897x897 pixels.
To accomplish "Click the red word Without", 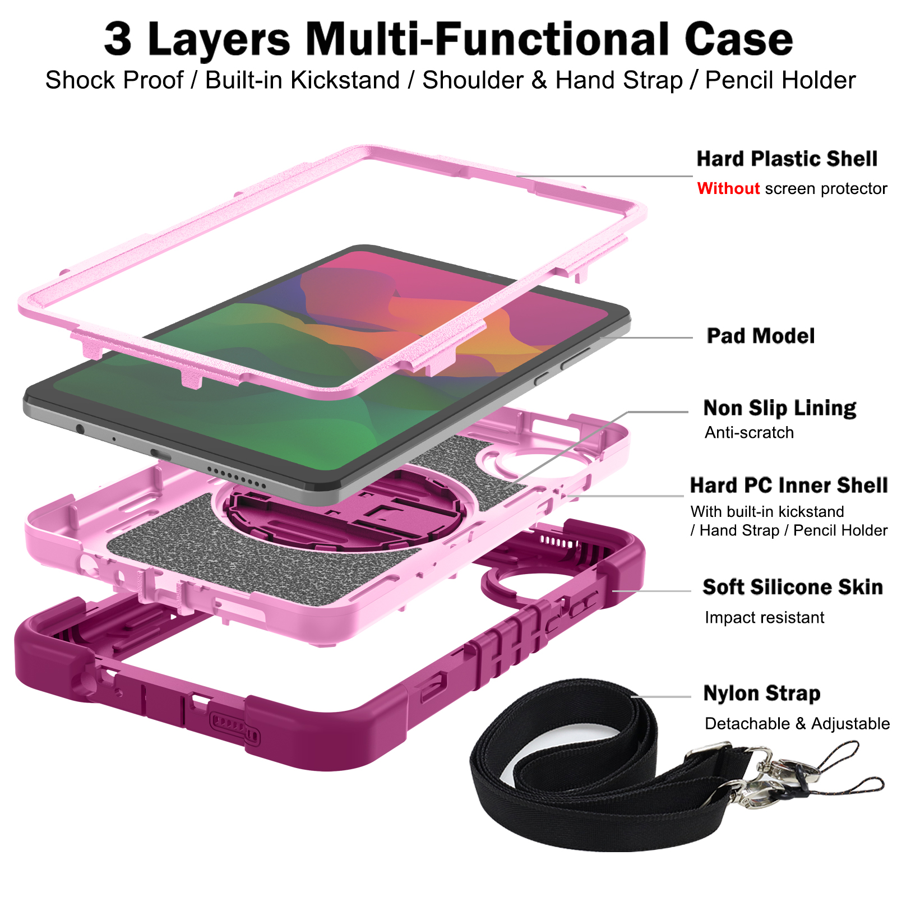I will click(728, 188).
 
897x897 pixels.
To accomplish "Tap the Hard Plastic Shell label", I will click(787, 159).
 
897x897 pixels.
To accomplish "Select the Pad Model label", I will click(760, 336).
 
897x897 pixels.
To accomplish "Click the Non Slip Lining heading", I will click(779, 408).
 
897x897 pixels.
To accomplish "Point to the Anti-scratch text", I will click(749, 432).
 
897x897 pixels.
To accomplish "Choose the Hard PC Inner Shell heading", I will click(788, 485).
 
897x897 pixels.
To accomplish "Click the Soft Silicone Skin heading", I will click(792, 587).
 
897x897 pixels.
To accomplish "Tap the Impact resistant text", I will click(764, 617).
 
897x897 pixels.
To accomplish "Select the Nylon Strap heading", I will click(761, 693).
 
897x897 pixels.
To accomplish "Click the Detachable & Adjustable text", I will click(797, 723).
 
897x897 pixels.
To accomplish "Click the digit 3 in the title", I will click(118, 39).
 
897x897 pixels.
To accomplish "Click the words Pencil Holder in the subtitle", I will click(780, 80).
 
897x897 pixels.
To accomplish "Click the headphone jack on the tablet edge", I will click(80, 429).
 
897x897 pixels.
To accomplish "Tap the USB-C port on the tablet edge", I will click(160, 453).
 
